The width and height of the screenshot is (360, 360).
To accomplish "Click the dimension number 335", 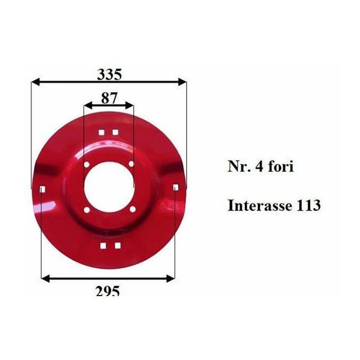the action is [109, 75].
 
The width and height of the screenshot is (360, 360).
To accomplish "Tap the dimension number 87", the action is [109, 98].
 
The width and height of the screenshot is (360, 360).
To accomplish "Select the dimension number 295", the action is [108, 291].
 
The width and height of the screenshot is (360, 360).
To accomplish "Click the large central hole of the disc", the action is [109, 185].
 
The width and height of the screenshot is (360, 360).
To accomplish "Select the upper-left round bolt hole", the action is [87, 165].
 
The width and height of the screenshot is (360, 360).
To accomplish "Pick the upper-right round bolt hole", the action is [131, 164].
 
